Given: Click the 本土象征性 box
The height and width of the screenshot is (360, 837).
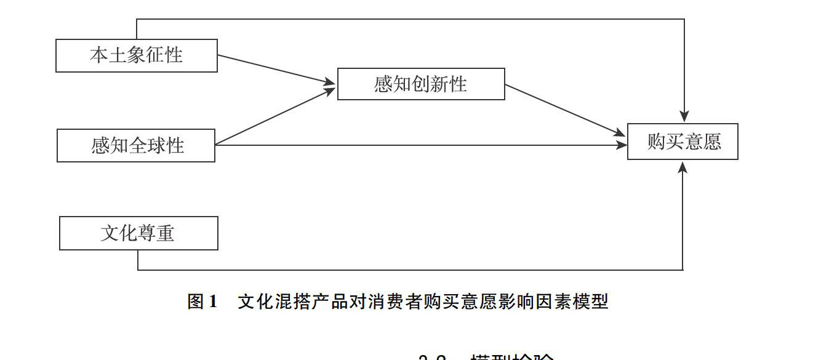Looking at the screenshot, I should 136,55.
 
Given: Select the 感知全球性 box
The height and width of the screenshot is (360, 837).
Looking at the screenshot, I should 136,145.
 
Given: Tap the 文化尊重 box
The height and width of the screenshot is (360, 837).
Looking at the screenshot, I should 138,233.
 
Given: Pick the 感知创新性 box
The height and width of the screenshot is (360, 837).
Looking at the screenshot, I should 421,84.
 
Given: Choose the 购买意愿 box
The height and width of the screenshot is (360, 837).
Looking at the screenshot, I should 683,142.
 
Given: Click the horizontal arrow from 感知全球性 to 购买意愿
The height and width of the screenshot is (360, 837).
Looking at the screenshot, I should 418,145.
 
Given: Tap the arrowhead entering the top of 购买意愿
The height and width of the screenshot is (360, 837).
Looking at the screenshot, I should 684,116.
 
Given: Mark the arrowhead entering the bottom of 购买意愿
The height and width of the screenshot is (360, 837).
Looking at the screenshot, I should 683,167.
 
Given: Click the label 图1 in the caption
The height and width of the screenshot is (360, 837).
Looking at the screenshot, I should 202,302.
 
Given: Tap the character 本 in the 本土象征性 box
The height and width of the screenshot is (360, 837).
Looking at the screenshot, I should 99,55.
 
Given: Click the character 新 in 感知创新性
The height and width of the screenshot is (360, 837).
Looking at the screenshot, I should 439,84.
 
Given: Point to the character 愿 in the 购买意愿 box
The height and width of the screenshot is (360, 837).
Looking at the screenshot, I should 711,142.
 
